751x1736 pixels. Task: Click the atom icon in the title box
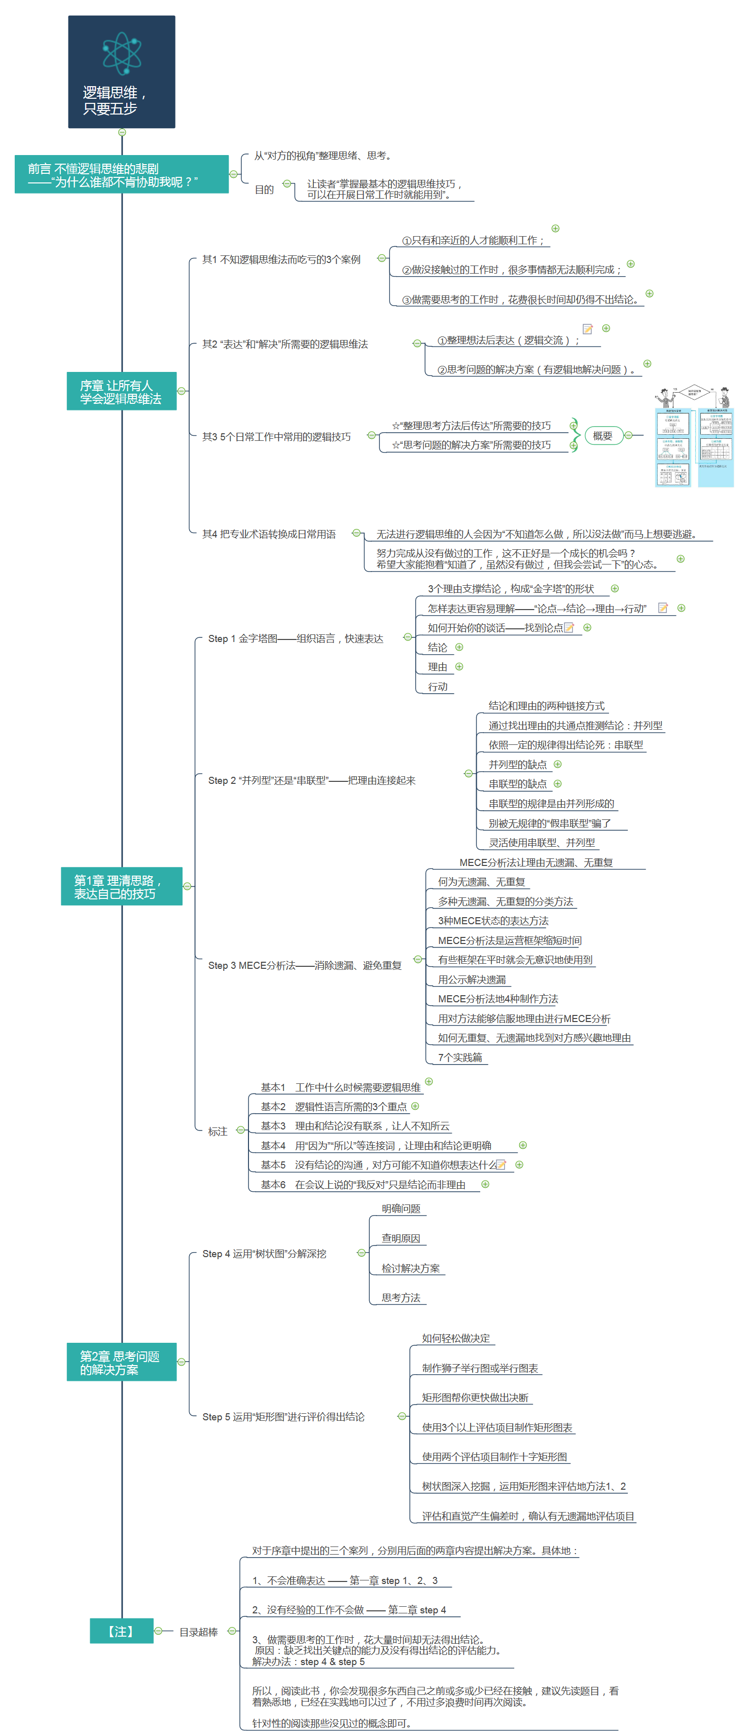(x=122, y=53)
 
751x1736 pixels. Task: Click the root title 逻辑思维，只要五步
(x=115, y=100)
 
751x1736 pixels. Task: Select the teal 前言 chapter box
(x=121, y=174)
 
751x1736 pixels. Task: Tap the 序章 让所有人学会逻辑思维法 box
(x=121, y=392)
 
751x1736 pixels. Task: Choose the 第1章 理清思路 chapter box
(x=121, y=886)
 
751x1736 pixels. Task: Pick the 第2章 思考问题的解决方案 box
(x=121, y=1362)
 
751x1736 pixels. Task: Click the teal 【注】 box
(x=121, y=1631)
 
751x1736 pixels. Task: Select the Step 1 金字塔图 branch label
(x=295, y=639)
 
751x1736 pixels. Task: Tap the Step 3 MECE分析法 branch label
(x=305, y=966)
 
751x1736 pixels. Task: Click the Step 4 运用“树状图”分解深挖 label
(x=264, y=1254)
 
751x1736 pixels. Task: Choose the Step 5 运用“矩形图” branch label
(x=283, y=1417)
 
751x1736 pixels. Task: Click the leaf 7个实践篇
(x=460, y=1058)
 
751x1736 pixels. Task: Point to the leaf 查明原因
(x=401, y=1238)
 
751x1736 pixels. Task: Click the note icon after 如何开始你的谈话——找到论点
(x=569, y=628)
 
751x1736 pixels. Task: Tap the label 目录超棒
(x=198, y=1632)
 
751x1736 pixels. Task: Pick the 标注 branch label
(x=218, y=1131)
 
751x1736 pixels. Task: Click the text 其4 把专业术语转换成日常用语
(x=268, y=535)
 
